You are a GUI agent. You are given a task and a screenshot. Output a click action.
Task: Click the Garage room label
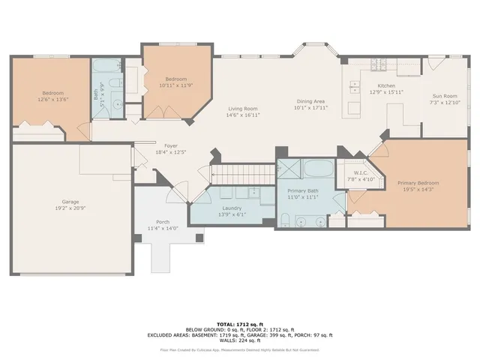(70, 201)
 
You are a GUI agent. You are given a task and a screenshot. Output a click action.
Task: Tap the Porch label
(162, 221)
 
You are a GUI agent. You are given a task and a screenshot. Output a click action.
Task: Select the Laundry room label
(231, 208)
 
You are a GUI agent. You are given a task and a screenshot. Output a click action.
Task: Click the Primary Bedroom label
(418, 183)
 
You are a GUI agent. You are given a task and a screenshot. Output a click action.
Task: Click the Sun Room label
(445, 96)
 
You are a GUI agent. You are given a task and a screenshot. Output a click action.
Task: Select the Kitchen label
(386, 86)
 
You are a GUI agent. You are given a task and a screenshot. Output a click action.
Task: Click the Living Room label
(244, 109)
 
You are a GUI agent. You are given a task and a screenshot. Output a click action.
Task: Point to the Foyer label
(160, 146)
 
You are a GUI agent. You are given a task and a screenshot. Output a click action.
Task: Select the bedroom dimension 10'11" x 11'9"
(176, 85)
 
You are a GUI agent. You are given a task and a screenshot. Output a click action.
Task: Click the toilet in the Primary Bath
(286, 220)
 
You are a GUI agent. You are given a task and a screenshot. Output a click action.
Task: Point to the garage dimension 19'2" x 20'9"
(70, 207)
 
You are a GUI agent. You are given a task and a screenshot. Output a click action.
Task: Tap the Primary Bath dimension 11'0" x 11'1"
(304, 197)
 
